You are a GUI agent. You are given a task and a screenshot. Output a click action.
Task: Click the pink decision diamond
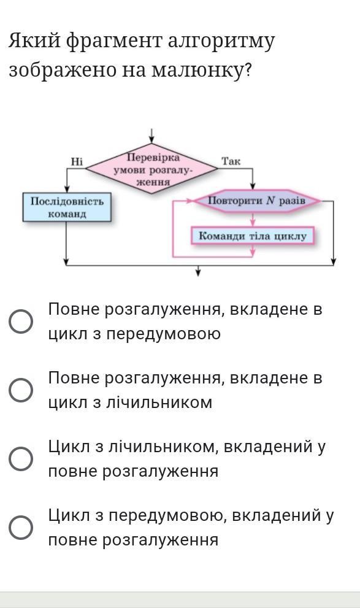151,169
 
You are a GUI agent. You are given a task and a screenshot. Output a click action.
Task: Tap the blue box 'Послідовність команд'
67,207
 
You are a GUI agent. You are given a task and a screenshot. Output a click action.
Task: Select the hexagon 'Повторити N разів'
257,201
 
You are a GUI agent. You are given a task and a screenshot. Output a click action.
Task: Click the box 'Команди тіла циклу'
252,236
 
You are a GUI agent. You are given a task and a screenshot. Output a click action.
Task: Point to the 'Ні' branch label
77,161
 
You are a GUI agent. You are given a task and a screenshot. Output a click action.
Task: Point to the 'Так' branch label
231,161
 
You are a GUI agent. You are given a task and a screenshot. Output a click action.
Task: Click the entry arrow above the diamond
152,136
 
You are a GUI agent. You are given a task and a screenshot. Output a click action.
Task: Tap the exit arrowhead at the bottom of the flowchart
199,271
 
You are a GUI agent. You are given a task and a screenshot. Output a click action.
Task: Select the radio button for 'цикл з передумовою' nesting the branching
20,321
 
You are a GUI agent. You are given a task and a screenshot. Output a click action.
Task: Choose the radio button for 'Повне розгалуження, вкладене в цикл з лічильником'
20,390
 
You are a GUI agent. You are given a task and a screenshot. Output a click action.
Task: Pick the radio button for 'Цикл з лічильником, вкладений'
20,459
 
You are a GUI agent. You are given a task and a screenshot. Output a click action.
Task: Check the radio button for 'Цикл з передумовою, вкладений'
20,528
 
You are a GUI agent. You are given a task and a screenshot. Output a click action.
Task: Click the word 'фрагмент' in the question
114,41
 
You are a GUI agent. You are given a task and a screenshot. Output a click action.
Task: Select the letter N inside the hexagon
271,201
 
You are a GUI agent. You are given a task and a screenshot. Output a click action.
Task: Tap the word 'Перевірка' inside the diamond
153,158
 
